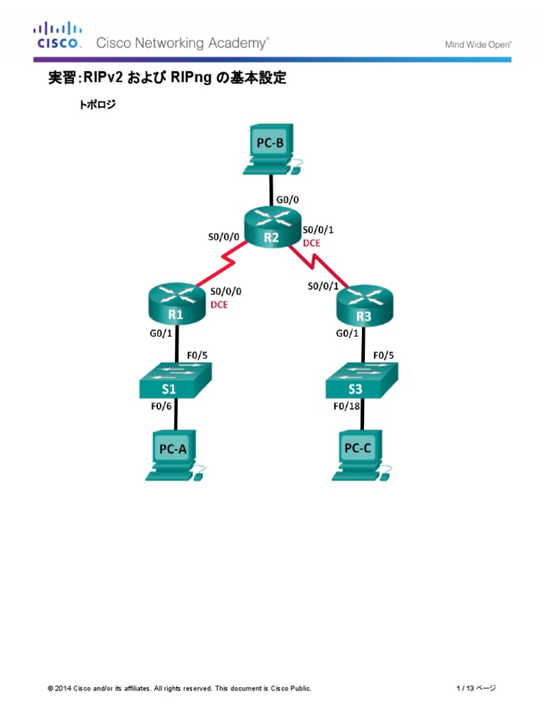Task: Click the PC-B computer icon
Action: click(271, 149)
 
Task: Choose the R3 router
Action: click(363, 306)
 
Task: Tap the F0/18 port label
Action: click(348, 407)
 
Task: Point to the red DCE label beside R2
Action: click(312, 242)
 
